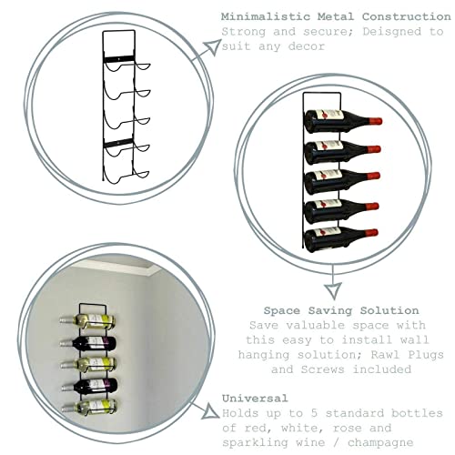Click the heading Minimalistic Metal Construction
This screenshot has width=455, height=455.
coord(336,16)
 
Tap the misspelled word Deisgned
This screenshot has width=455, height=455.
coord(392,32)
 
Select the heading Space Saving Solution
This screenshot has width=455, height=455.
coord(341,310)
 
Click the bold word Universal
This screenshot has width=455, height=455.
coord(255,399)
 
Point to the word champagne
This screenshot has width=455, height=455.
coord(380,443)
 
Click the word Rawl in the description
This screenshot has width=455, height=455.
coord(385,354)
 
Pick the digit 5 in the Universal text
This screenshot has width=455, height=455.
coord(315,413)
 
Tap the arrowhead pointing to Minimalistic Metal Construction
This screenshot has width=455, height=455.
coord(213,46)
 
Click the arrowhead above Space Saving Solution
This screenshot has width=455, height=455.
coord(333,290)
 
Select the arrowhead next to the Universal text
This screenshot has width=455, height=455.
coord(212,412)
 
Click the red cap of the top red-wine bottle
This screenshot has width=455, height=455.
coord(376,121)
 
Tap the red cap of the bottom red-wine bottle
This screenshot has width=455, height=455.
coord(371,233)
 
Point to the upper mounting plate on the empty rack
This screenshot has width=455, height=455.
coord(118,59)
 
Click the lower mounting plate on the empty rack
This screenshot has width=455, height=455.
coord(118,143)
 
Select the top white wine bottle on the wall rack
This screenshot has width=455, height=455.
coord(87,321)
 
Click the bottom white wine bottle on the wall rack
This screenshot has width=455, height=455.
coord(89,407)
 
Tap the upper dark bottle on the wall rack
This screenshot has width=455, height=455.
coord(87,343)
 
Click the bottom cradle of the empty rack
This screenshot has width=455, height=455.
coord(126,177)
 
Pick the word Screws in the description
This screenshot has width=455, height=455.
coord(322,369)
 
